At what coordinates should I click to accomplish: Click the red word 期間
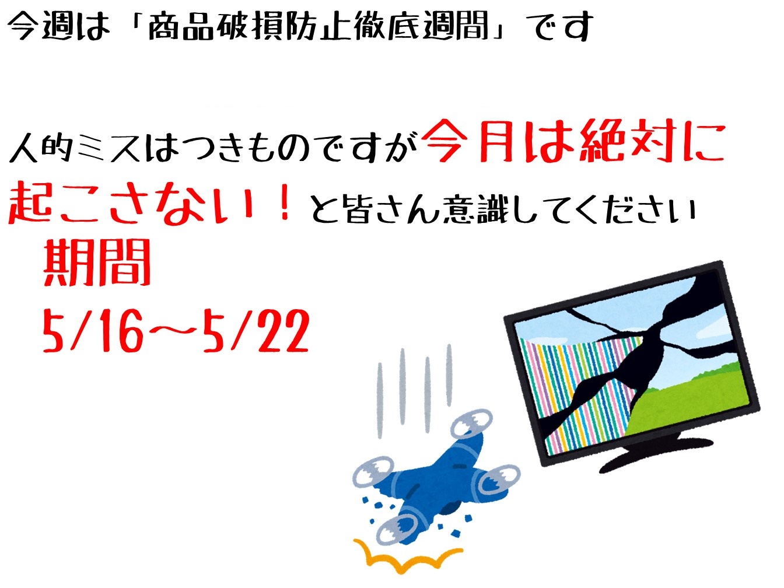[x=97, y=262]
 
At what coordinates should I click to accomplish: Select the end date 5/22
[x=256, y=331]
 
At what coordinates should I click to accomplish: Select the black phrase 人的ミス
[x=74, y=147]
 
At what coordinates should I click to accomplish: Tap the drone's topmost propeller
[x=471, y=423]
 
